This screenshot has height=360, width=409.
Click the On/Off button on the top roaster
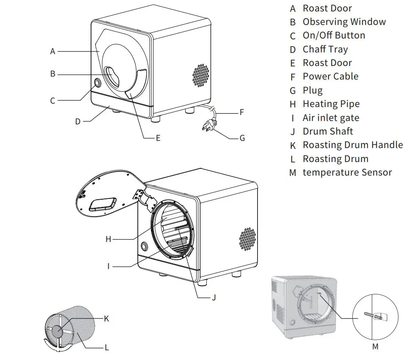(x=97, y=82)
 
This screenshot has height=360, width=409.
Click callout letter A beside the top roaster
(x=52, y=51)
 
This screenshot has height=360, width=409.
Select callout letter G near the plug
(x=242, y=138)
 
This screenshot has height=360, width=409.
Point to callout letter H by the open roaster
(x=108, y=239)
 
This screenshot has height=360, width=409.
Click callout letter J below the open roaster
(x=214, y=297)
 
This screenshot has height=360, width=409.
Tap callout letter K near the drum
(x=106, y=319)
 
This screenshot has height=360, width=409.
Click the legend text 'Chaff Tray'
(x=325, y=49)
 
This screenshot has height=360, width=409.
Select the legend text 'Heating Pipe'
(x=331, y=104)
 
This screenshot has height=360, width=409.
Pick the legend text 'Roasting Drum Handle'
(x=352, y=145)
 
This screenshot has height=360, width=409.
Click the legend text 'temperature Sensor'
(x=347, y=173)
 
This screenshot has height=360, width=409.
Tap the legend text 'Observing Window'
(x=344, y=22)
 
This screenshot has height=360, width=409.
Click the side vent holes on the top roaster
(x=200, y=76)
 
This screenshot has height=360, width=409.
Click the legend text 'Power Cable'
(x=330, y=77)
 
